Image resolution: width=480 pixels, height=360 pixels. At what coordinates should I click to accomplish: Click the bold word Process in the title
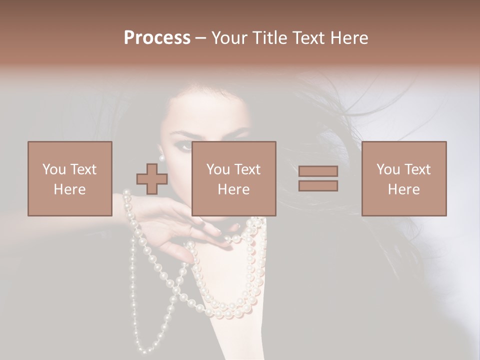(157, 38)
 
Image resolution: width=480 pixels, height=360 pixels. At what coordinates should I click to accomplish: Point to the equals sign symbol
(318, 178)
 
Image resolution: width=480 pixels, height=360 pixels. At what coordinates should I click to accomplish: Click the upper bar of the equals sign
(318, 171)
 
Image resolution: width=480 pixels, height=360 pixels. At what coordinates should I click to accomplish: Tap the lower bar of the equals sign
(318, 186)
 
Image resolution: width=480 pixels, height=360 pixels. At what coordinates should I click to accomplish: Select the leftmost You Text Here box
(70, 178)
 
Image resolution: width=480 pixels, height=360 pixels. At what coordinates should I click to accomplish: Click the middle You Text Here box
(234, 178)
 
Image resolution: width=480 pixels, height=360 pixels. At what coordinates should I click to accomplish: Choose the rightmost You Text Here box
(404, 178)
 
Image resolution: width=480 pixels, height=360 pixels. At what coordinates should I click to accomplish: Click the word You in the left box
(53, 169)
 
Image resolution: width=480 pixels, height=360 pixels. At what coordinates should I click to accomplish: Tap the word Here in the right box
(404, 189)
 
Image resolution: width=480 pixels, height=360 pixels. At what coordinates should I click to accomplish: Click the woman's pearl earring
(162, 158)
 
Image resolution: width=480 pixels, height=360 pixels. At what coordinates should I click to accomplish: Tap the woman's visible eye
(184, 145)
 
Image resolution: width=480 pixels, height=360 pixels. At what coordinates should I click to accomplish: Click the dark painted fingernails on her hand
(218, 231)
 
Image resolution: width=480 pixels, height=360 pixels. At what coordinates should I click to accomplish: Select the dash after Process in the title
(200, 38)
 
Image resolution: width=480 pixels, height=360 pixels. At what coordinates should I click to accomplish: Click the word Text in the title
(307, 38)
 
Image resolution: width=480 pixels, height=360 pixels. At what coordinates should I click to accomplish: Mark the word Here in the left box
(70, 189)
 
